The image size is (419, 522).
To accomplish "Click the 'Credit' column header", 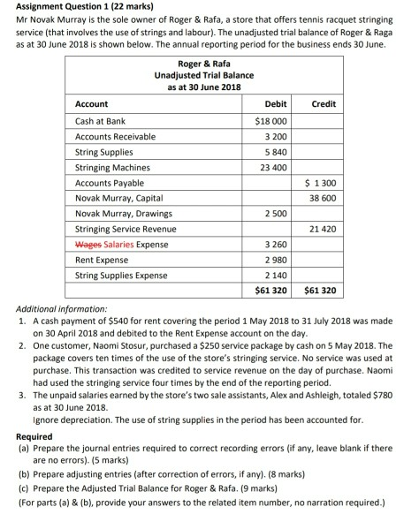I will click(x=324, y=104).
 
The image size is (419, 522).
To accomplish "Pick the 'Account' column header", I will click(x=93, y=104).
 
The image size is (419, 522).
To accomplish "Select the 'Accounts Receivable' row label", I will click(x=115, y=136).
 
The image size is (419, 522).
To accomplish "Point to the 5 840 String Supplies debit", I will click(x=272, y=152).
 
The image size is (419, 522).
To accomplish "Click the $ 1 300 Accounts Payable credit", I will click(x=320, y=183).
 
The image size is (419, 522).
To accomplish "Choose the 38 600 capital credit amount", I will click(x=322, y=198).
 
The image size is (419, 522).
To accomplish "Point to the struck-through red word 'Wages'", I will click(x=88, y=244).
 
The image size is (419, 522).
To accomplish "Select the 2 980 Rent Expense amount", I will click(x=272, y=260).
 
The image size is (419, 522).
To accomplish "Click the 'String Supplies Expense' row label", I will click(x=121, y=275).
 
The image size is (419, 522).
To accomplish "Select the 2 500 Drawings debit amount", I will click(x=272, y=214).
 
